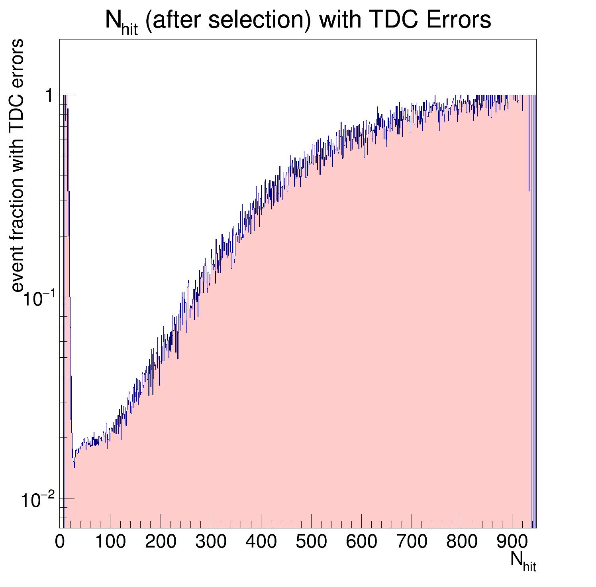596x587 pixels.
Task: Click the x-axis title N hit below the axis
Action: pos(523,560)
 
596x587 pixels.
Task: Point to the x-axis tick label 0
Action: pos(60,542)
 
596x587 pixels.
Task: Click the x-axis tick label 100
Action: pos(110,542)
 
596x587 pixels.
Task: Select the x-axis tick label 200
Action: pos(160,542)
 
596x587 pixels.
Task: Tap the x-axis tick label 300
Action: pos(211,542)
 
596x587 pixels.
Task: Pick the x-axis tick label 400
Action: pos(261,542)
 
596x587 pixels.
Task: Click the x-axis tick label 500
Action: pos(311,542)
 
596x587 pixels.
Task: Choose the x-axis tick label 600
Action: pos(361,542)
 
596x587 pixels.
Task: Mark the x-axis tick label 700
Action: pos(412,542)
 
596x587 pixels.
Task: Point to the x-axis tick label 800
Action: pos(462,542)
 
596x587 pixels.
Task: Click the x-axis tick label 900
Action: pos(512,542)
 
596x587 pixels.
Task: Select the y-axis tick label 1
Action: pos(49,96)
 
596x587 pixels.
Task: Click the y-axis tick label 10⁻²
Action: pos(37,500)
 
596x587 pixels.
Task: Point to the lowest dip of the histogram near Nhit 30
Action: pos(74,467)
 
